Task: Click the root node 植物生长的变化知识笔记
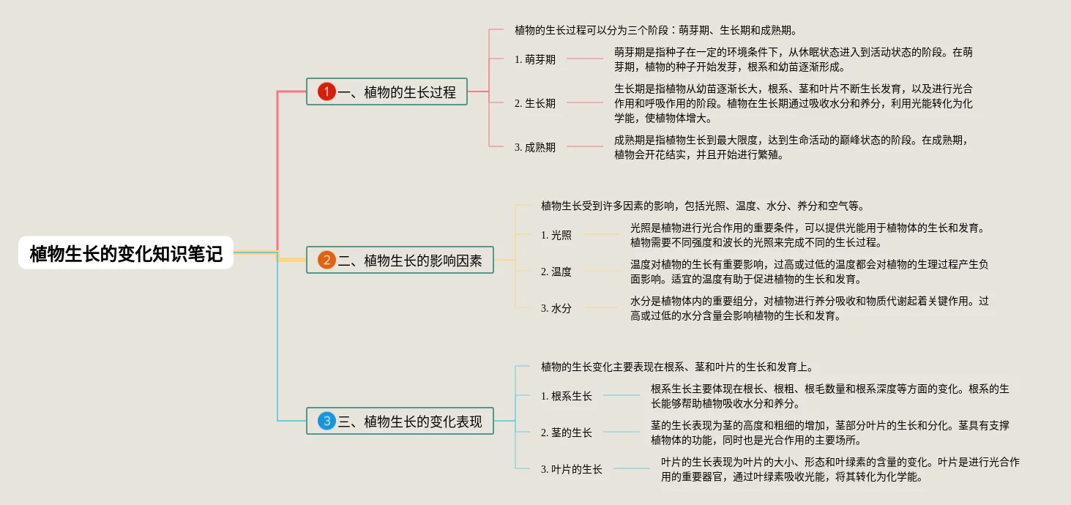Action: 126,253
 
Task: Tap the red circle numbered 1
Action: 326,91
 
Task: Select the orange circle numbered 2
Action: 326,260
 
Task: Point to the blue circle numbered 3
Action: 326,421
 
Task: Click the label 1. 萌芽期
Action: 535,59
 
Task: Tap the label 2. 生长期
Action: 535,103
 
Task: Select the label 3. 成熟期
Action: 535,147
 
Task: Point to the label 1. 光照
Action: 556,235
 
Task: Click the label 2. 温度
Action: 556,272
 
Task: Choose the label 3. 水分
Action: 556,308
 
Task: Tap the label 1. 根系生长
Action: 567,396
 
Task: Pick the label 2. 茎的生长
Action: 567,433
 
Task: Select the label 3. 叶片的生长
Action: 572,469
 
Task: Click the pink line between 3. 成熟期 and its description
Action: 584,146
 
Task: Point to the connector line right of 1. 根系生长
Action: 621,395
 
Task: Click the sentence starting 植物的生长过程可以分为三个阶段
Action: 655,31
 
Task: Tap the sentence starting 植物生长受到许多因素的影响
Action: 703,206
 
